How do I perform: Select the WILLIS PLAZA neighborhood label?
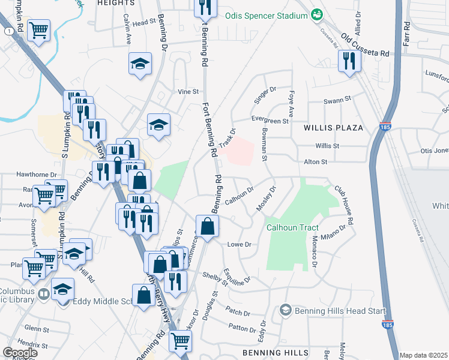pos(334,128)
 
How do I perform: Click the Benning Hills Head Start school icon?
pos(285,310)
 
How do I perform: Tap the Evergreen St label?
pos(270,121)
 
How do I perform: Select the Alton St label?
pos(316,161)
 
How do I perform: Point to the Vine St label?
pos(187,92)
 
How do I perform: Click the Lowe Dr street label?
pos(239,244)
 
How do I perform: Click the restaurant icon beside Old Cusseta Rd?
pos(348,61)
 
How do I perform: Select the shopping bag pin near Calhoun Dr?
pos(207,227)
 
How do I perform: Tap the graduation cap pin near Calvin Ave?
pos(139,64)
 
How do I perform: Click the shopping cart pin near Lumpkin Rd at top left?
pos(39,29)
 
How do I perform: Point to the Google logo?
pos(20,353)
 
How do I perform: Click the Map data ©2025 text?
pos(424,355)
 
